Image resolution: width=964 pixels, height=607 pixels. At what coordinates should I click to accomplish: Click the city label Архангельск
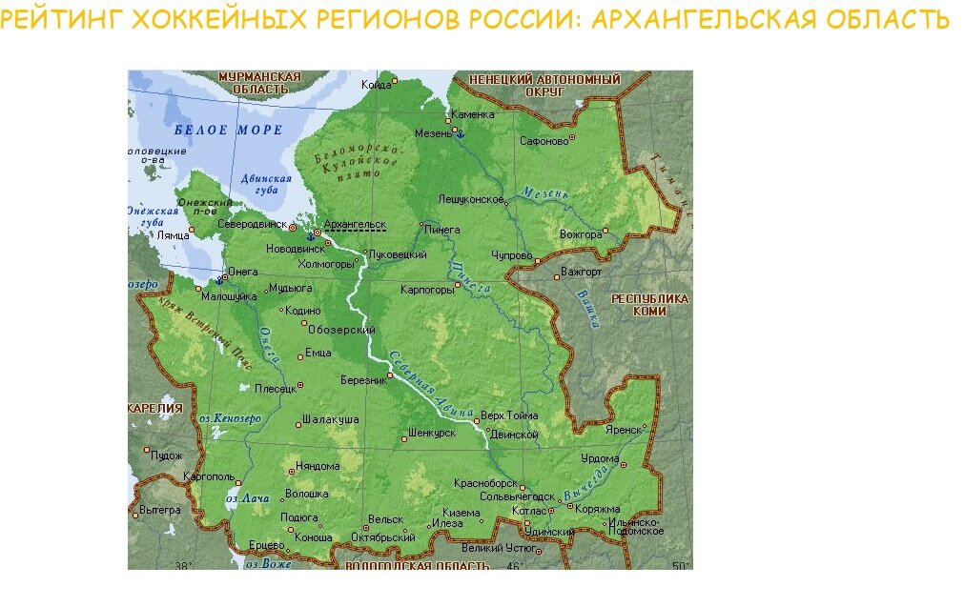click(355, 224)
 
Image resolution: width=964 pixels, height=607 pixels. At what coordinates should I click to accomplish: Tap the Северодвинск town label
click(252, 224)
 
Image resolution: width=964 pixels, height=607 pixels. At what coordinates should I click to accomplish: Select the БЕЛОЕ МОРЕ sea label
click(229, 130)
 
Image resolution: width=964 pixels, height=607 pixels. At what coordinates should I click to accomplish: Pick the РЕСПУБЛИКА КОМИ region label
click(649, 305)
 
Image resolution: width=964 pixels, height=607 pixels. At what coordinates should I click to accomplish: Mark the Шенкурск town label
click(431, 432)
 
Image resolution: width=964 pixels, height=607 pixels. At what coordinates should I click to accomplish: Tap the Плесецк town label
click(275, 389)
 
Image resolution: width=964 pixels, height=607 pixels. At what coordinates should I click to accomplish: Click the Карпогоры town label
click(426, 289)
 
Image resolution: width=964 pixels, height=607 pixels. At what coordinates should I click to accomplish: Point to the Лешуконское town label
click(470, 199)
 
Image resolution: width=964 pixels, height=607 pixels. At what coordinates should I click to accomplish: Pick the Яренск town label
click(624, 430)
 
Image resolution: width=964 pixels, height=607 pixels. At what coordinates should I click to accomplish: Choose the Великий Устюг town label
click(497, 548)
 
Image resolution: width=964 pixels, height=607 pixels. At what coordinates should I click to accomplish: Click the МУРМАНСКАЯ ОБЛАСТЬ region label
click(259, 83)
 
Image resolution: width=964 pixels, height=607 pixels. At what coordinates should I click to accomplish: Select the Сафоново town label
click(544, 141)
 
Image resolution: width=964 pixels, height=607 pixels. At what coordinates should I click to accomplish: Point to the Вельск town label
click(385, 520)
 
